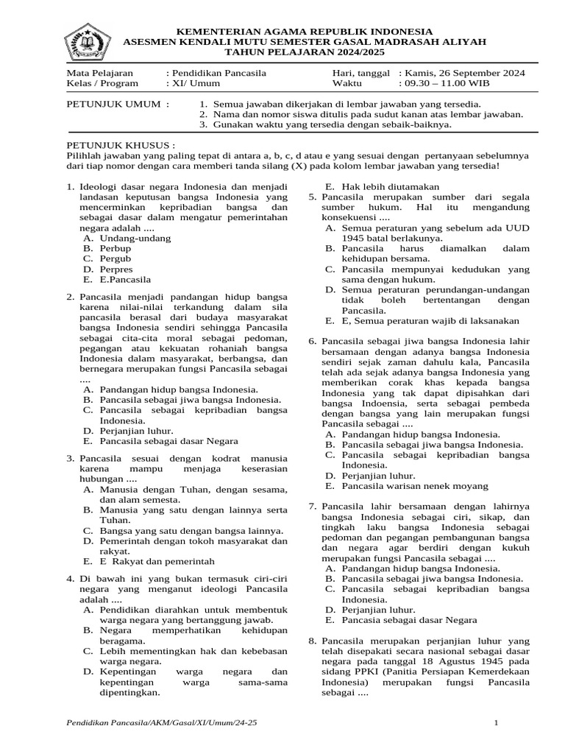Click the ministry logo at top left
click(x=88, y=43)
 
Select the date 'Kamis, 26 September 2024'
click(x=464, y=74)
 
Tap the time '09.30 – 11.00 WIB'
click(x=448, y=84)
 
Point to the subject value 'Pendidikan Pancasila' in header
click(x=220, y=74)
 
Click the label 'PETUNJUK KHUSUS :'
click(x=121, y=145)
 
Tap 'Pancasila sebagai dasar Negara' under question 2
click(x=168, y=440)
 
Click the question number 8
click(x=312, y=641)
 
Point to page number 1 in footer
click(x=497, y=723)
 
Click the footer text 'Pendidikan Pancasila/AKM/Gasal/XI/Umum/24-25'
click(x=162, y=723)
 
